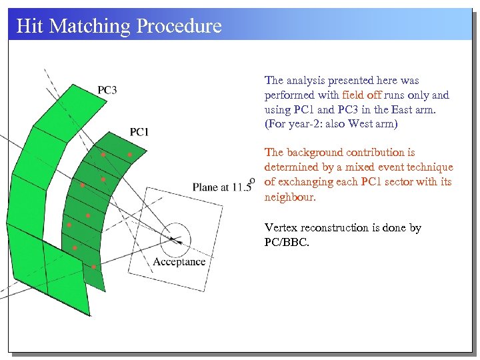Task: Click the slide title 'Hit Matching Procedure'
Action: coord(119,26)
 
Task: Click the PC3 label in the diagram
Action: coord(107,90)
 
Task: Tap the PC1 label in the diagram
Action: coord(139,132)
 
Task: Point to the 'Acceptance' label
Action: coord(179,261)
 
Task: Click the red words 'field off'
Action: coord(361,95)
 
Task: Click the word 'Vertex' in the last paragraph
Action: coord(281,228)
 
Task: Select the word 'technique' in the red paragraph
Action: coord(429,167)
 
